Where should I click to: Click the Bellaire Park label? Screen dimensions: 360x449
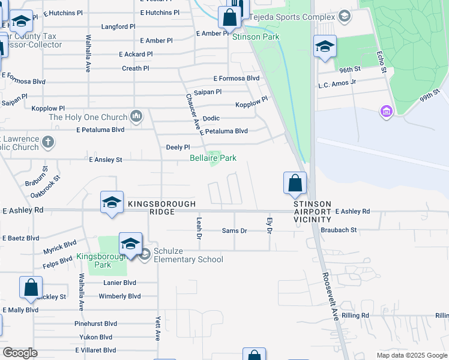pyautogui.click(x=212, y=158)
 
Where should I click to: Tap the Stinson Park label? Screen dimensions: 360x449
pyautogui.click(x=256, y=37)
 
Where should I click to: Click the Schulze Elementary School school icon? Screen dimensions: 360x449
pyautogui.click(x=145, y=255)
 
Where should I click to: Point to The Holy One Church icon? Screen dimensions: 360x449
pyautogui.click(x=137, y=116)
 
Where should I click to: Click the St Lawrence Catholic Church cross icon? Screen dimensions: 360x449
pyautogui.click(x=48, y=143)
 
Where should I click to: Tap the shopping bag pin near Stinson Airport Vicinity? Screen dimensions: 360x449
pyautogui.click(x=295, y=184)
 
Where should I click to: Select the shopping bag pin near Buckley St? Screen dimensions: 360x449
pyautogui.click(x=31, y=288)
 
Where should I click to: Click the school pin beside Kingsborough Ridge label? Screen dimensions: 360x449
pyautogui.click(x=112, y=203)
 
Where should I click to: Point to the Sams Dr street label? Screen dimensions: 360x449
pyautogui.click(x=234, y=231)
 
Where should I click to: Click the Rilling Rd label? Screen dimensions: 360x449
pyautogui.click(x=355, y=316)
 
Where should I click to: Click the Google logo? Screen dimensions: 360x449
pyautogui.click(x=20, y=353)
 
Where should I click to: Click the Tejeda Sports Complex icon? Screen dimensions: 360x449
pyautogui.click(x=345, y=16)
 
